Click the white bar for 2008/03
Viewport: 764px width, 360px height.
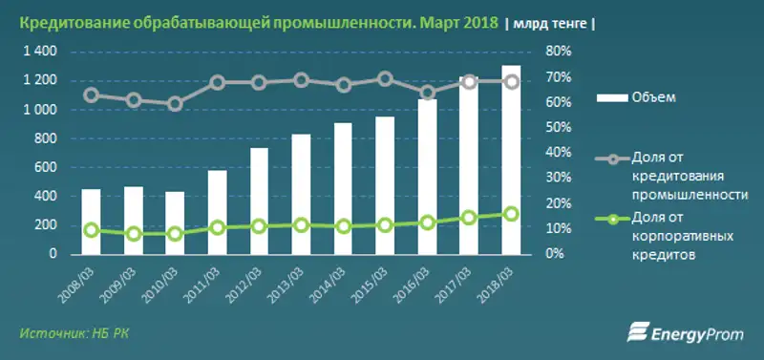(x=91, y=222)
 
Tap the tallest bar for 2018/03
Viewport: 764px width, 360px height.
(x=512, y=159)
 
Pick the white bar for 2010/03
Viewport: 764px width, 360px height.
(x=175, y=222)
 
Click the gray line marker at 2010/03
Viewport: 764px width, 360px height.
(x=175, y=104)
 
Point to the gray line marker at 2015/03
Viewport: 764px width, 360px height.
(x=385, y=79)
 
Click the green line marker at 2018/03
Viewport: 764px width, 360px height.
(x=512, y=214)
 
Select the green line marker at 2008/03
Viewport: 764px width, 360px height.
(x=91, y=229)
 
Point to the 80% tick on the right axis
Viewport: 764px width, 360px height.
(x=558, y=52)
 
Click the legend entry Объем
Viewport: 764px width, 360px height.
(x=649, y=96)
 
